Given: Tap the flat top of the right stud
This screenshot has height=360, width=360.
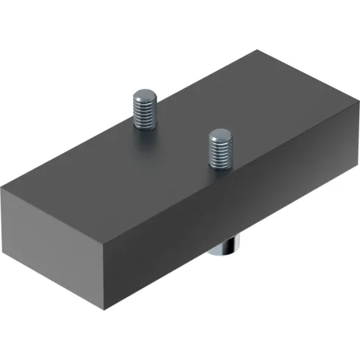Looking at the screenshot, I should [x=219, y=134].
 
